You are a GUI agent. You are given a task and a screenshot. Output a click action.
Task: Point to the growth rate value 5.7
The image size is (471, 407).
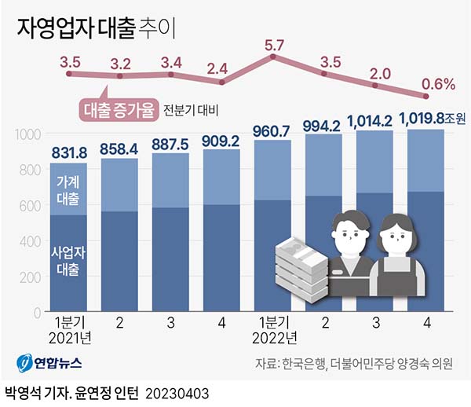click(274, 46)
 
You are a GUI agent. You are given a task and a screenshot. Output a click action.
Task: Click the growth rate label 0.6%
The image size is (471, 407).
click(438, 84)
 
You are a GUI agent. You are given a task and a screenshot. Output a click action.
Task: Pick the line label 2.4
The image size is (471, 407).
click(222, 68)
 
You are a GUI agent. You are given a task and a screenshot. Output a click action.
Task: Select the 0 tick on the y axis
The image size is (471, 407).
click(36, 313)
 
